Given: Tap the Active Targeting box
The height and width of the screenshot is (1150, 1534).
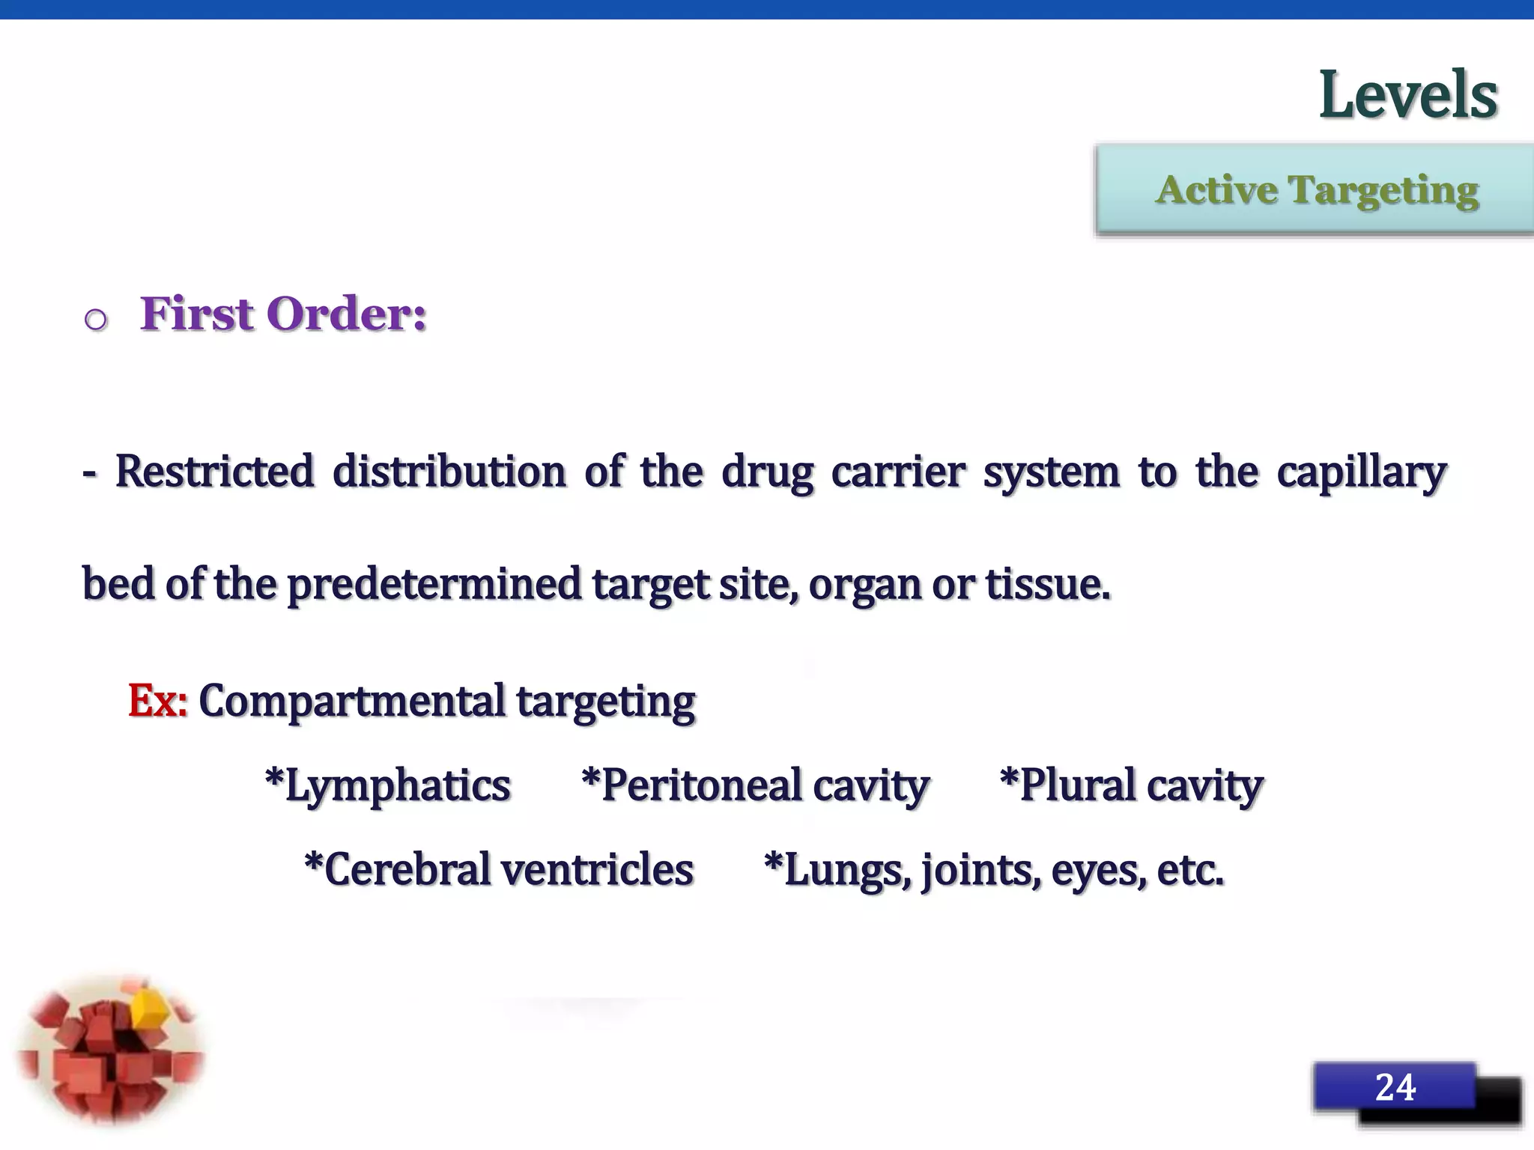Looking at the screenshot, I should (1316, 189).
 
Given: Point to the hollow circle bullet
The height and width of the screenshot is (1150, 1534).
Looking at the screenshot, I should (96, 320).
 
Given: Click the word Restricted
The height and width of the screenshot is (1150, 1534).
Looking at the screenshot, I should (214, 472).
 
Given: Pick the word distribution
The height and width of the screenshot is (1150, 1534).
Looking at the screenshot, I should (449, 472).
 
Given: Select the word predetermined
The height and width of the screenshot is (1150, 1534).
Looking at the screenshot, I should (434, 584).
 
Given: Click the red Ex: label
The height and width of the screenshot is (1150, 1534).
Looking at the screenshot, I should (157, 701).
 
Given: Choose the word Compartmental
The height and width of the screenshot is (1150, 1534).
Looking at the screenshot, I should (352, 701).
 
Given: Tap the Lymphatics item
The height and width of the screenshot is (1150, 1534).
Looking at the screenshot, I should (388, 786).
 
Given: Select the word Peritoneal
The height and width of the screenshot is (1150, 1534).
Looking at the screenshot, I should (701, 786).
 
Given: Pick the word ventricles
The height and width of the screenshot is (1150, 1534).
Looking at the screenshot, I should (597, 870).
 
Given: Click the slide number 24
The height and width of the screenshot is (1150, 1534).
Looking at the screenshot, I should (1395, 1087).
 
